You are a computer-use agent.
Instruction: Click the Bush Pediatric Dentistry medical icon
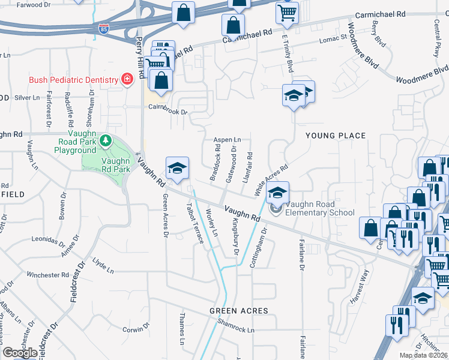pos(127,80)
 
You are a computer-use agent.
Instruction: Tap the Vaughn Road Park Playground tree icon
pos(106,140)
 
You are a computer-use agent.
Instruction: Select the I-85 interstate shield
pos(103,28)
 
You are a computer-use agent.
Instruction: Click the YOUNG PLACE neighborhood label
pos(336,136)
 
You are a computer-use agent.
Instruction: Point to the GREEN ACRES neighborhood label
pos(238,311)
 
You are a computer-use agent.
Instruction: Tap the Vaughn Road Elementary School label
pos(319,208)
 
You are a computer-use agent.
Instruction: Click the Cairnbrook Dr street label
pos(168,111)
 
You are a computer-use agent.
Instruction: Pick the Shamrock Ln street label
pos(236,330)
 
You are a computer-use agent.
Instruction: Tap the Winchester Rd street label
pos(49,275)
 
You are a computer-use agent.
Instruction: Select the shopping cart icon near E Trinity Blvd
pos(288,11)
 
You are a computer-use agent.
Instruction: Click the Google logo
pos(20,353)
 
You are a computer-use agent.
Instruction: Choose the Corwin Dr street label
pos(136,329)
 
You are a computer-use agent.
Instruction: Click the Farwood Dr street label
pos(34,5)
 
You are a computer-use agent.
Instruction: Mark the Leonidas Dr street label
pos(47,241)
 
